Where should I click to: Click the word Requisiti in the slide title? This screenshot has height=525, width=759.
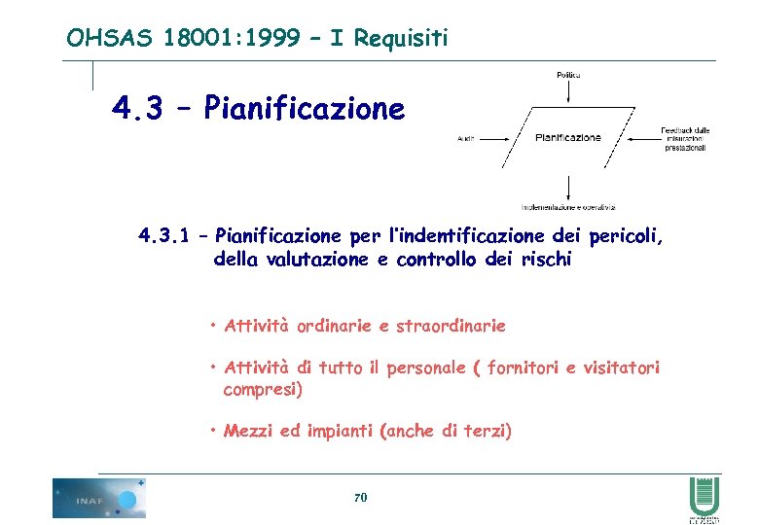(x=401, y=38)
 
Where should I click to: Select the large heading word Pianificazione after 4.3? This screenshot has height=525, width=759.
(x=305, y=108)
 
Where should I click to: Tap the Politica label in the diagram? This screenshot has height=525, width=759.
(x=568, y=75)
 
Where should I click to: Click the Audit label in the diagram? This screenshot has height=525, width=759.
(x=466, y=139)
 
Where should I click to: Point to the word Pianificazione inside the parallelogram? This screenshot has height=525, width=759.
(x=568, y=138)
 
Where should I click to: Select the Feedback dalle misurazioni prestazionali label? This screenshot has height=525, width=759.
(x=685, y=138)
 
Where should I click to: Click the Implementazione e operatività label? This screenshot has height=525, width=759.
(x=568, y=206)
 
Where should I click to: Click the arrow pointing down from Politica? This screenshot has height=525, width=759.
(x=568, y=90)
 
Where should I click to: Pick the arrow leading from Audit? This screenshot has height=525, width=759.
(x=493, y=139)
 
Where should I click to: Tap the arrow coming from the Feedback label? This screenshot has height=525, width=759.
(x=642, y=138)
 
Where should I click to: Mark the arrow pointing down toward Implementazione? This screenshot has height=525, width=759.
(x=568, y=187)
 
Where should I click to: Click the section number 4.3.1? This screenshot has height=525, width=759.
(x=166, y=235)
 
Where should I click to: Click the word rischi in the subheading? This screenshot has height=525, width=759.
(x=548, y=260)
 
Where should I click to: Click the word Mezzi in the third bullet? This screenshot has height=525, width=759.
(x=248, y=431)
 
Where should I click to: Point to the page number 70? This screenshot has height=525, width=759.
(x=360, y=498)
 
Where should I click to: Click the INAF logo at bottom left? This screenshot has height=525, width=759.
(x=99, y=498)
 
